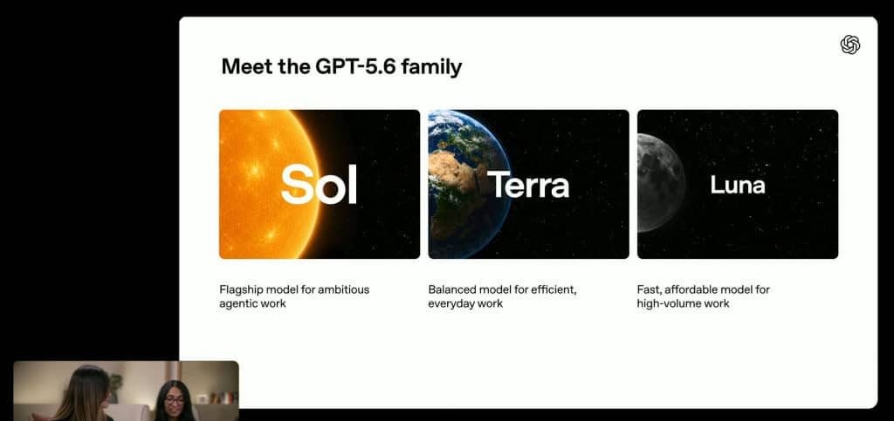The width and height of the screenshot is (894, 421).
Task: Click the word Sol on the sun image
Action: (x=319, y=184)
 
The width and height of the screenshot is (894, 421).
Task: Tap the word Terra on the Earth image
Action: (x=528, y=185)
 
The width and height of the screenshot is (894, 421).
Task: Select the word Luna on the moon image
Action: (x=737, y=184)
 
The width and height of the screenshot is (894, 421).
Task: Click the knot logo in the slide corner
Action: (x=850, y=45)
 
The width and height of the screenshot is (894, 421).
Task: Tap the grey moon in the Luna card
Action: (x=662, y=183)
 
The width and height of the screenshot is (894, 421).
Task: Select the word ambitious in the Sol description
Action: (x=344, y=289)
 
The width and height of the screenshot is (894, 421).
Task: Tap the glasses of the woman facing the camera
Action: (x=175, y=401)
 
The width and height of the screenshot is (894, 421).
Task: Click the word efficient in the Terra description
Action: (x=554, y=289)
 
